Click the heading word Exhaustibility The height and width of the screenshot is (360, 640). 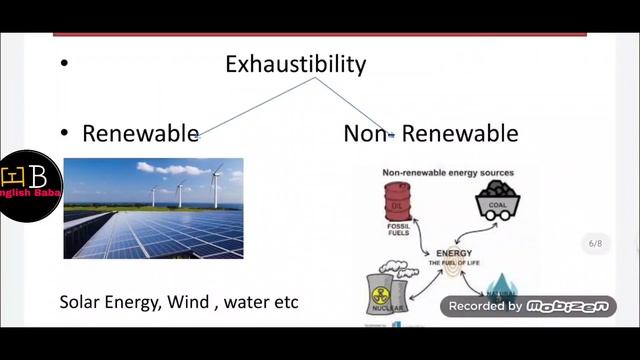click(295, 65)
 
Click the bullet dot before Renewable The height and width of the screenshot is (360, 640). click(64, 133)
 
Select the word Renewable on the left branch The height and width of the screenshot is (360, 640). click(139, 133)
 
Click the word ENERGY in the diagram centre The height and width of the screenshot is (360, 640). click(454, 253)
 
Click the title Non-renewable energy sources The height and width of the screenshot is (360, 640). click(448, 172)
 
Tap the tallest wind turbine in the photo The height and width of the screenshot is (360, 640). click(216, 185)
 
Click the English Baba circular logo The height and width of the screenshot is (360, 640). click(30, 186)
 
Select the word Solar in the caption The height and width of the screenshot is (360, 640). click(80, 301)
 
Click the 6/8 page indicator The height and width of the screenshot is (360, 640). click(595, 243)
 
